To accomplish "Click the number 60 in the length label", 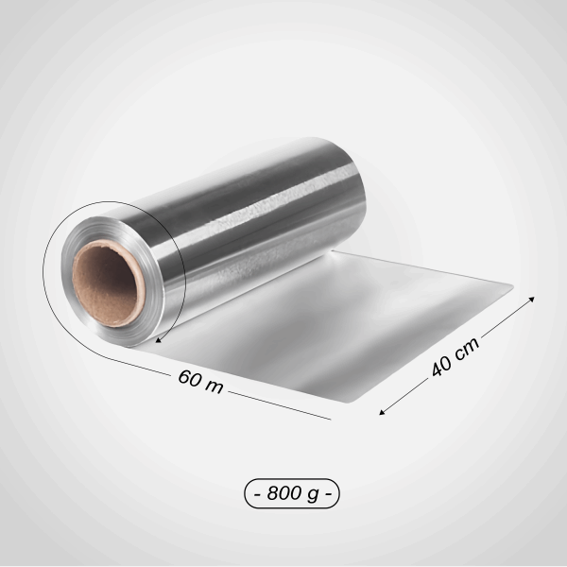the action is tap(189, 378).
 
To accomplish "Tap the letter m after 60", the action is tap(215, 387).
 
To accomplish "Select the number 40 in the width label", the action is tap(441, 366).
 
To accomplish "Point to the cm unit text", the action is tap(466, 349).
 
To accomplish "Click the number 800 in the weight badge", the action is tap(284, 492).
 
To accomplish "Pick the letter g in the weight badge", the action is tap(313, 494).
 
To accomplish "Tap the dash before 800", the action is tap(257, 493).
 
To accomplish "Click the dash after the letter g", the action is tap(328, 493).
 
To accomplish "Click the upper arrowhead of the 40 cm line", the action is tap(531, 299).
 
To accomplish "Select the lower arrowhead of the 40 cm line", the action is tap(383, 411).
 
